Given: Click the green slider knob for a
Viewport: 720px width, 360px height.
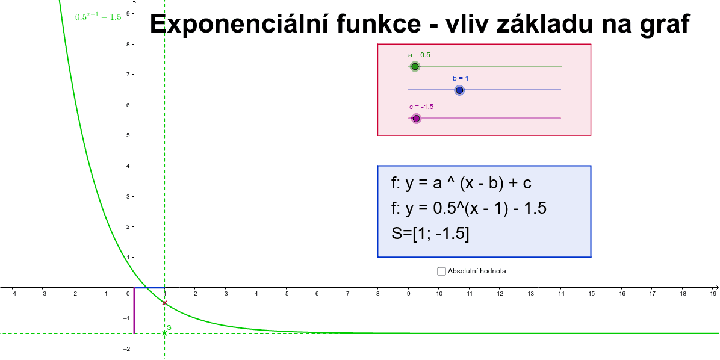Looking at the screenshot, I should pyautogui.click(x=414, y=66).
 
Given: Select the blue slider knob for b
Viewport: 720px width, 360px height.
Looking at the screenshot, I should pyautogui.click(x=459, y=90).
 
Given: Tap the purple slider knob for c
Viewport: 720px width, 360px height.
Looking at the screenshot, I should pyautogui.click(x=416, y=119).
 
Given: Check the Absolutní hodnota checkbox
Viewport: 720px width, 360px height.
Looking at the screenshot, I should pyautogui.click(x=442, y=271).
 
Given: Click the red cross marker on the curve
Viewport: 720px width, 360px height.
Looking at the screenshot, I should pyautogui.click(x=164, y=303).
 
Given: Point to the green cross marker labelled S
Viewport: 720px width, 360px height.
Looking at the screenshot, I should pyautogui.click(x=164, y=333).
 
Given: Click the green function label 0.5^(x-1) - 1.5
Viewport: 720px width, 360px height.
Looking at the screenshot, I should pyautogui.click(x=98, y=17).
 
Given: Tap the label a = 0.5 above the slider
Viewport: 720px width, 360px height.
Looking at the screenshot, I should pyautogui.click(x=419, y=55).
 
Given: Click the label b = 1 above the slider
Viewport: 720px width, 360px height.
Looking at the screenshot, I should pyautogui.click(x=461, y=78).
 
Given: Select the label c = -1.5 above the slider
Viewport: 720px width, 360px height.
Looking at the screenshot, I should pyautogui.click(x=421, y=107).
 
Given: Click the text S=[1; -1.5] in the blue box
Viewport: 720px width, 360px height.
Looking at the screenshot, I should pyautogui.click(x=430, y=233).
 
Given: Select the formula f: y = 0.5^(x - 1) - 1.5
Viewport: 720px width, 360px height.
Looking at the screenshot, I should pyautogui.click(x=468, y=208).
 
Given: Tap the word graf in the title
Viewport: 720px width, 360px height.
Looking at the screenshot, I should pyautogui.click(x=663, y=24).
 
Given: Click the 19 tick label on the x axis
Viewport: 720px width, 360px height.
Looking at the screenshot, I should pyautogui.click(x=713, y=294).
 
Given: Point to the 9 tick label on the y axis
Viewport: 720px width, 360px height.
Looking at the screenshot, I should pyautogui.click(x=128, y=13).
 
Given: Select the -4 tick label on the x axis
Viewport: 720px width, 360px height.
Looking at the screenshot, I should pyautogui.click(x=12, y=294).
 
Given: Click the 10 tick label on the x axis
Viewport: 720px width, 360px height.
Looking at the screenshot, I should pyautogui.click(x=439, y=294).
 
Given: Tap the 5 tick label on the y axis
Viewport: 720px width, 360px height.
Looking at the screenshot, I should pyautogui.click(x=128, y=135).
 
